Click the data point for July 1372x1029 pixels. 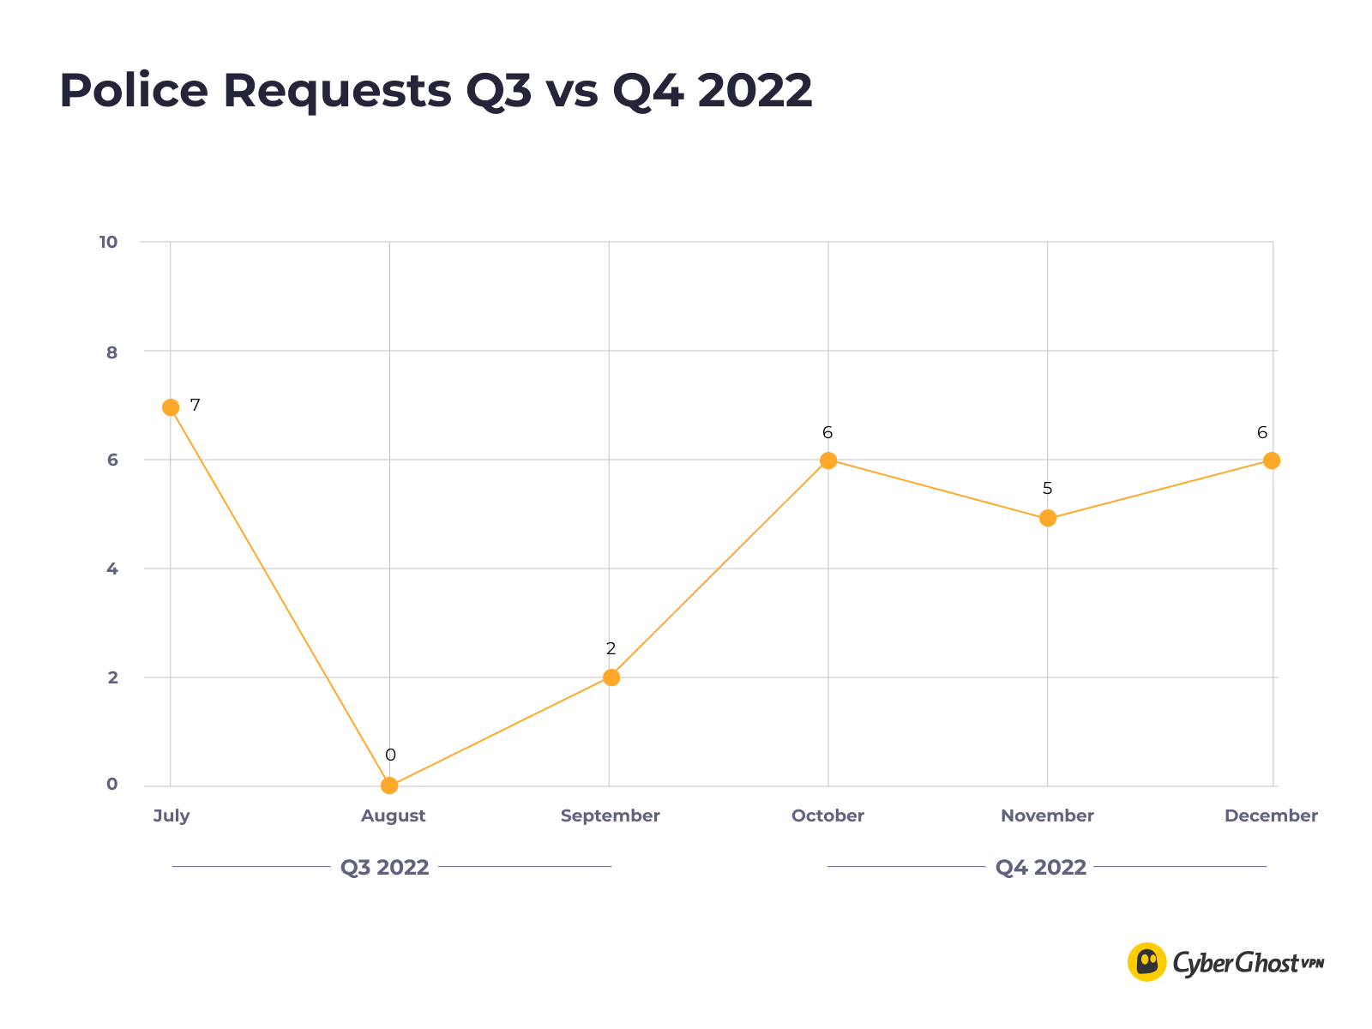[x=171, y=407]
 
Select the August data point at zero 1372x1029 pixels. [x=389, y=785]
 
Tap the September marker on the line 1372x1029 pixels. [x=611, y=677]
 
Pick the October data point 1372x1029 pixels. [x=828, y=460]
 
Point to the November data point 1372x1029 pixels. [x=1048, y=518]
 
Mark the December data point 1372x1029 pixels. [x=1272, y=460]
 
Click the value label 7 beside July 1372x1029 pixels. [x=196, y=405]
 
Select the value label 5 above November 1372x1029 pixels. [x=1047, y=489]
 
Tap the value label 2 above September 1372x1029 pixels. [x=611, y=649]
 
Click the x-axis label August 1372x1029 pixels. [x=393, y=816]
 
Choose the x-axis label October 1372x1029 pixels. [x=827, y=816]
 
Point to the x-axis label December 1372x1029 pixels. [x=1271, y=816]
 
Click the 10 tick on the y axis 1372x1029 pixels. [x=108, y=243]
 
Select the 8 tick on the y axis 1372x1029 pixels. [x=111, y=352]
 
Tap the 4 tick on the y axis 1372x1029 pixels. [x=111, y=569]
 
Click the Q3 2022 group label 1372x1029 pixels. [x=384, y=868]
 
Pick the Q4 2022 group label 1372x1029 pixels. [x=1040, y=868]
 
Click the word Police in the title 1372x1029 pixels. [x=134, y=91]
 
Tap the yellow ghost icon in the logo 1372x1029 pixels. [x=1146, y=962]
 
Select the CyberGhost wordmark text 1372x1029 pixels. [x=1236, y=964]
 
